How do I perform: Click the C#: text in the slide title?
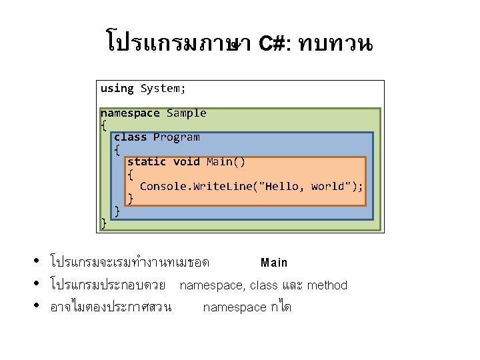tap(273, 45)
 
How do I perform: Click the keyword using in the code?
tap(117, 89)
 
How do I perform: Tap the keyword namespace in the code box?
tap(130, 113)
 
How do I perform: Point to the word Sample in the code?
tap(186, 113)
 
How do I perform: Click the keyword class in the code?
tap(130, 137)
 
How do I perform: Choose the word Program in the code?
tap(176, 137)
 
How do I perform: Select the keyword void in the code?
tap(186, 162)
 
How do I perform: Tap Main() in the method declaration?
tap(225, 162)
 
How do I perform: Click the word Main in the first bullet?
tap(274, 263)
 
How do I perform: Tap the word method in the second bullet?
tap(327, 285)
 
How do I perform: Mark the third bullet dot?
tap(38, 306)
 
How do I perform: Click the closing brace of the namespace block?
tap(103, 223)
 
